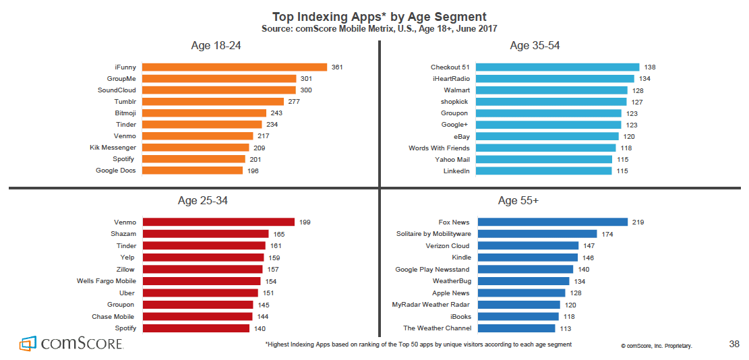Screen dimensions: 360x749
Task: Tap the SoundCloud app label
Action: click(x=117, y=90)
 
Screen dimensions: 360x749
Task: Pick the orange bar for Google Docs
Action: click(x=192, y=171)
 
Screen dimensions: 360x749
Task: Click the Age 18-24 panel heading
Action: click(x=216, y=46)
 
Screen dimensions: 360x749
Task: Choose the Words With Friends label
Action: click(x=439, y=148)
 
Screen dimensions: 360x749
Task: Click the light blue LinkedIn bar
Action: click(x=543, y=171)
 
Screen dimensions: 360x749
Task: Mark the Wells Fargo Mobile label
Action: click(x=107, y=281)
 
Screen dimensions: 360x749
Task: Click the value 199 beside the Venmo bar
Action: click(x=304, y=222)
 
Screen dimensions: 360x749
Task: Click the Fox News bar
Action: click(x=551, y=222)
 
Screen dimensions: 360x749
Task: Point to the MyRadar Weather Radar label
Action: click(x=431, y=305)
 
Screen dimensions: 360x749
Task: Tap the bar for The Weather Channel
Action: click(x=515, y=328)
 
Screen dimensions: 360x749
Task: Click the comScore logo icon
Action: click(x=28, y=343)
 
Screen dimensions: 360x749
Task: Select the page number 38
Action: click(x=734, y=344)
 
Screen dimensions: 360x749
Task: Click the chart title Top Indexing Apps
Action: click(x=379, y=16)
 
